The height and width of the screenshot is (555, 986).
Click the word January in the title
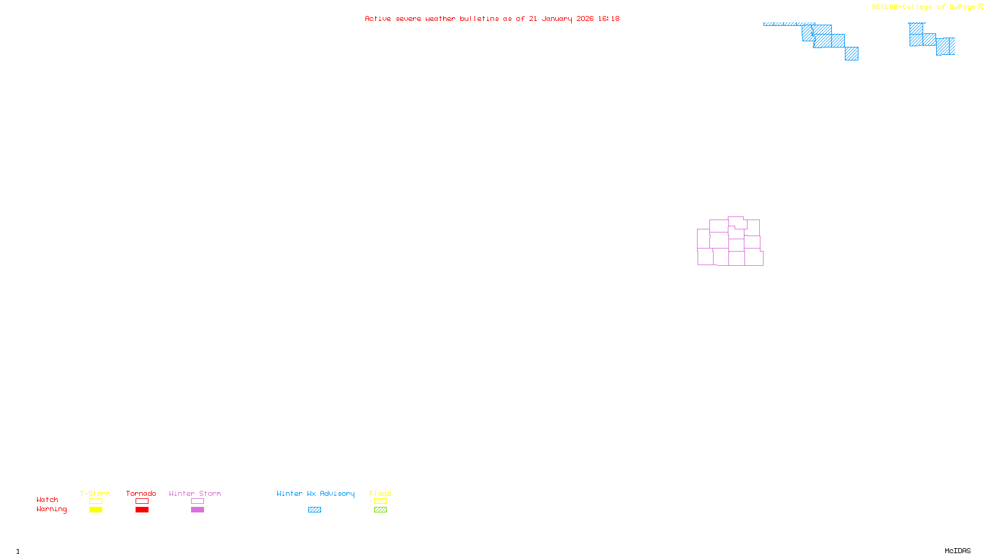[556, 19]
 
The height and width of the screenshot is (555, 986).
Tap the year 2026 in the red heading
[585, 19]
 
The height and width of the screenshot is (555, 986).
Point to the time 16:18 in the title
[609, 19]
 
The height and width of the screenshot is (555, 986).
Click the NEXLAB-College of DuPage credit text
[923, 7]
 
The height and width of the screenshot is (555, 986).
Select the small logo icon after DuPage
[980, 7]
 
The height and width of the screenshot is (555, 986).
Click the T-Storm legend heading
[95, 493]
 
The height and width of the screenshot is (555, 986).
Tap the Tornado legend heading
[141, 493]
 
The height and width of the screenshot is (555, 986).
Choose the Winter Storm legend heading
[195, 493]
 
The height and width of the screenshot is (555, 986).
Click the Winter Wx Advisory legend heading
[316, 493]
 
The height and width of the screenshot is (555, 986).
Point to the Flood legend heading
[380, 493]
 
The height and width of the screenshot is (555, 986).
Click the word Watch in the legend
[47, 499]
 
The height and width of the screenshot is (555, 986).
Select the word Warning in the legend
[52, 509]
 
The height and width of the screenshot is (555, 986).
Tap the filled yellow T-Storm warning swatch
[96, 510]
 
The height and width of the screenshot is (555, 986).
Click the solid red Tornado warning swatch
[142, 510]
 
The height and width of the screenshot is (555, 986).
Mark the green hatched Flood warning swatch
[380, 510]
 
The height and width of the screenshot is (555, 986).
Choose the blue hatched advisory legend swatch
[314, 510]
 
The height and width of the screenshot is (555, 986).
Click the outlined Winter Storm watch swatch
[197, 501]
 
